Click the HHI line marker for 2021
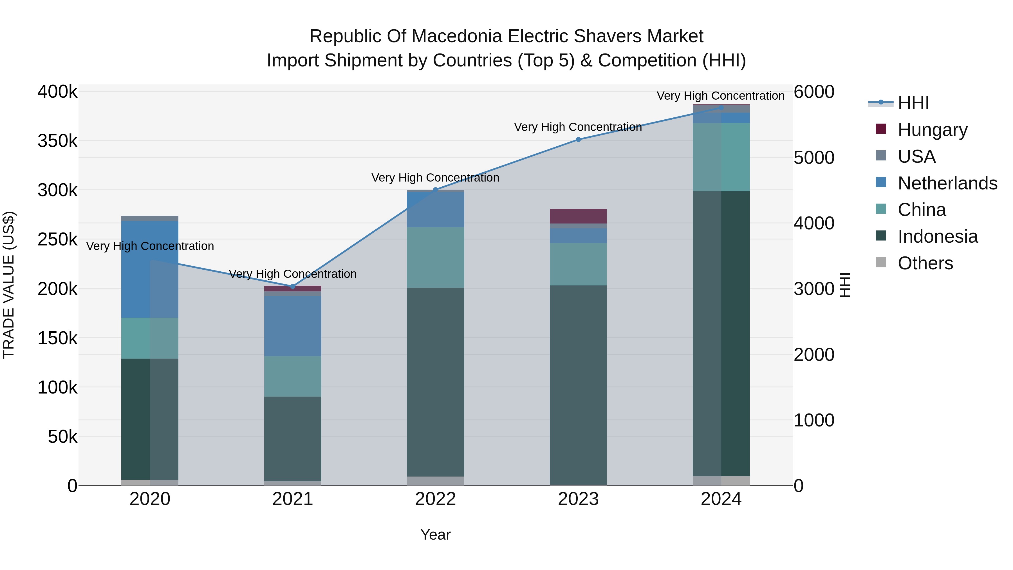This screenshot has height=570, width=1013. [293, 286]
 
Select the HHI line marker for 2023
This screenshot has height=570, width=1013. [578, 139]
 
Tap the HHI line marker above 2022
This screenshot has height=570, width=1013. [435, 190]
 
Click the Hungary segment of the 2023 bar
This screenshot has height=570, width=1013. [578, 216]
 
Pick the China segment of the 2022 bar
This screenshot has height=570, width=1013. [435, 257]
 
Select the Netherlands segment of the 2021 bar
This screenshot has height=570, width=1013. [293, 326]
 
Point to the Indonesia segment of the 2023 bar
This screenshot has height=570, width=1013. [578, 385]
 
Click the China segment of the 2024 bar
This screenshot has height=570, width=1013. [721, 157]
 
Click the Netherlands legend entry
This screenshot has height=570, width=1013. [947, 183]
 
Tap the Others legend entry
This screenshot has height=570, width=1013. [925, 263]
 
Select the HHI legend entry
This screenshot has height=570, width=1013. [913, 103]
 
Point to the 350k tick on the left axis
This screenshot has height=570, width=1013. [57, 141]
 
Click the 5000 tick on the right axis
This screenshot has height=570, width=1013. [813, 157]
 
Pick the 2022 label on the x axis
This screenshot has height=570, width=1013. [435, 499]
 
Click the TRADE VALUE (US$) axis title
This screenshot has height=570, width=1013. [9, 285]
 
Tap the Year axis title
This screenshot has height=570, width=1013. [435, 535]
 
